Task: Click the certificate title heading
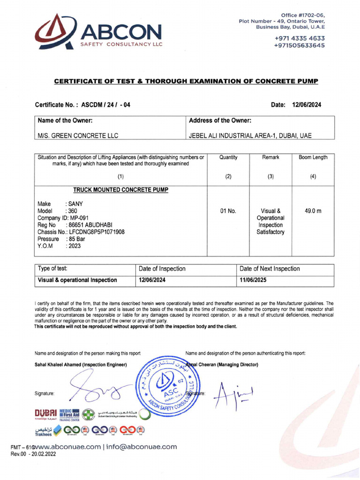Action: click(x=186, y=81)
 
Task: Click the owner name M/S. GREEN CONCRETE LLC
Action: click(x=78, y=136)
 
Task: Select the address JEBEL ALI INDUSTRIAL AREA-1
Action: click(x=250, y=136)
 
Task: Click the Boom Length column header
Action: click(x=313, y=157)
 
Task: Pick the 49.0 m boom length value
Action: click(x=313, y=211)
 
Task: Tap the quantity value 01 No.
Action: click(x=228, y=211)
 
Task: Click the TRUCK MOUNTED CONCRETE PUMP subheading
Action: click(x=120, y=190)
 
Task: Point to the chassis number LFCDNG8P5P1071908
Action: click(x=94, y=232)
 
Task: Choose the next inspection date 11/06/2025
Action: click(x=255, y=280)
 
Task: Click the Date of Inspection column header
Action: click(x=162, y=269)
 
